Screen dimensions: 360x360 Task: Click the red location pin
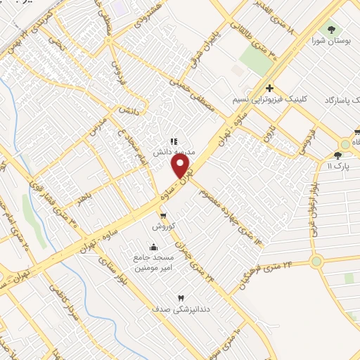[181, 166]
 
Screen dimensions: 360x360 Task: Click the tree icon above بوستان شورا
[331, 30]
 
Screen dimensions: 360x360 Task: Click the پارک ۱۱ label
[338, 165]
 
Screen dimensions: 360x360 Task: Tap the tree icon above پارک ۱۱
[338, 155]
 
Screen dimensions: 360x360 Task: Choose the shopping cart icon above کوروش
[163, 216]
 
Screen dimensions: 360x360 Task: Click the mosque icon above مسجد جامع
[154, 247]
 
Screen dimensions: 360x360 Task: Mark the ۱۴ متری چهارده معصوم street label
[223, 211]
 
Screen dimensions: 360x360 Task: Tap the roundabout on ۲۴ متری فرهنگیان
[316, 262]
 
